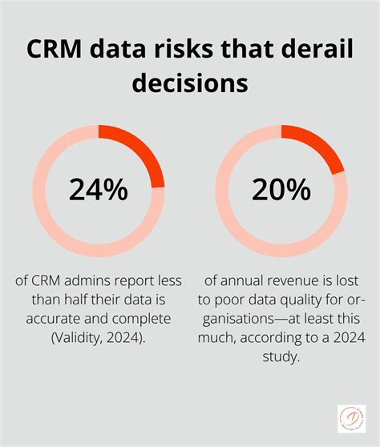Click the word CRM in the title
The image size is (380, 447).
click(x=54, y=48)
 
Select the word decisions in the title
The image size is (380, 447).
click(x=190, y=83)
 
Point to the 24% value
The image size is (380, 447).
click(x=99, y=190)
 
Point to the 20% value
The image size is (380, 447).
click(x=281, y=190)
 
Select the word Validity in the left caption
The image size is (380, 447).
click(x=75, y=338)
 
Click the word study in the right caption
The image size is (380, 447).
click(x=281, y=357)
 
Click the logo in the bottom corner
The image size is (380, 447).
click(x=352, y=418)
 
